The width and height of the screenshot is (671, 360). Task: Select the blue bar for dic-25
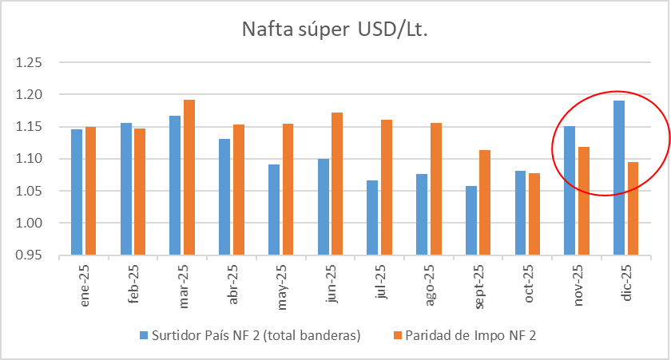(620, 177)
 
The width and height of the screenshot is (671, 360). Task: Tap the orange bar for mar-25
(189, 177)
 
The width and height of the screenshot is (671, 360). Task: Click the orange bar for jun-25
(338, 184)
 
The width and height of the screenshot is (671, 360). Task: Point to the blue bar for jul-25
(372, 217)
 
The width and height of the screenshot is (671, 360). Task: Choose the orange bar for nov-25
(584, 201)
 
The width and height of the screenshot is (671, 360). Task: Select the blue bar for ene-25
(77, 192)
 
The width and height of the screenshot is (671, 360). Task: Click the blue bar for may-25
(274, 209)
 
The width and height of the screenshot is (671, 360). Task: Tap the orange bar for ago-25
(436, 189)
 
